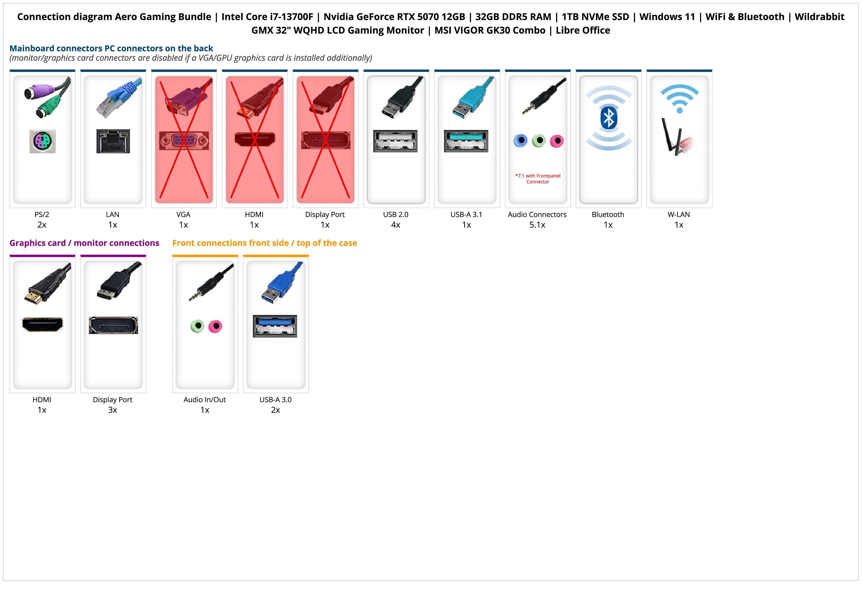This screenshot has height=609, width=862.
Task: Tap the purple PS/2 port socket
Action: coord(43,141)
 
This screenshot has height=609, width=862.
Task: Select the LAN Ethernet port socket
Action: coord(113,141)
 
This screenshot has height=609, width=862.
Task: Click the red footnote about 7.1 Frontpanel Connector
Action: coord(538,179)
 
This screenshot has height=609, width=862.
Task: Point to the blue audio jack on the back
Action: coord(520,141)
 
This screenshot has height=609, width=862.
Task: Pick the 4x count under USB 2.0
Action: coord(396,225)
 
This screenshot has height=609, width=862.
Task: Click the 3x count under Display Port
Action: coord(113,410)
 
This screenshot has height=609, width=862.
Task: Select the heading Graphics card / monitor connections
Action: coord(85,243)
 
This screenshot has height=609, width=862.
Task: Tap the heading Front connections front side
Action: coord(265,243)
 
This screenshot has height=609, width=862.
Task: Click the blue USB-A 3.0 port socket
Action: coord(275,326)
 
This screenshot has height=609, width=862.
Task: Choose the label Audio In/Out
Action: coord(205,400)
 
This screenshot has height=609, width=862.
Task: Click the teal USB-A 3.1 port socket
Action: coord(466,141)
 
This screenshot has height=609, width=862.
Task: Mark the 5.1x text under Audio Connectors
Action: coord(537,225)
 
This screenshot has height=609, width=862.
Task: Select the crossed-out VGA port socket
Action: coord(184,141)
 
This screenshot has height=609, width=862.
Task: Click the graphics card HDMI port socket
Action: coord(43,325)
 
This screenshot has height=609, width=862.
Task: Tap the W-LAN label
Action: coord(679,215)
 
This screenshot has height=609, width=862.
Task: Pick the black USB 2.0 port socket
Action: coord(395,141)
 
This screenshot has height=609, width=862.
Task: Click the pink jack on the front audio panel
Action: coord(215,326)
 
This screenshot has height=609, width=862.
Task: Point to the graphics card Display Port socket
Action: coord(113,325)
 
